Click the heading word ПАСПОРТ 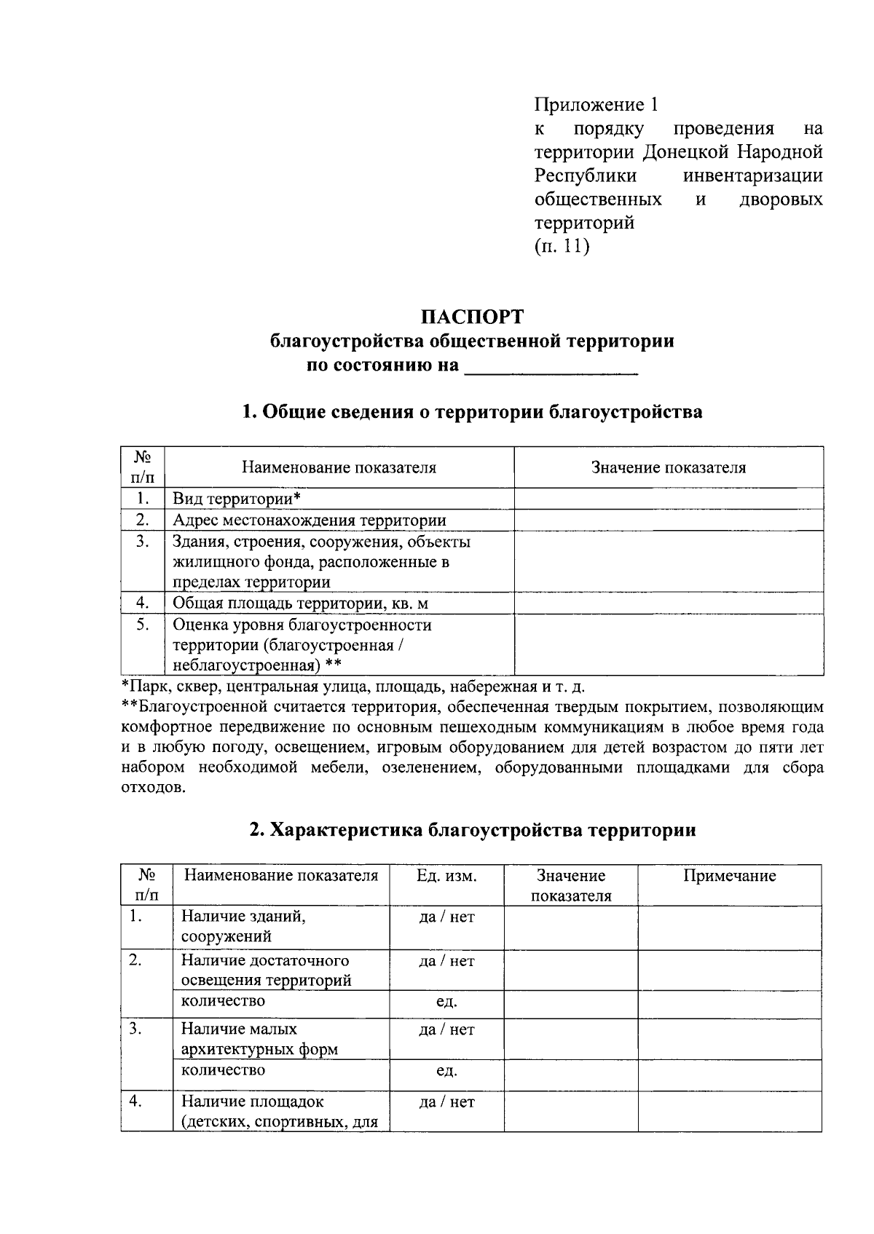click(472, 317)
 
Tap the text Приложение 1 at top click(596, 105)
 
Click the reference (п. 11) click(561, 247)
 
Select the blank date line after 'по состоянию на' click(551, 367)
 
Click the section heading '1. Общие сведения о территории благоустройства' click(472, 412)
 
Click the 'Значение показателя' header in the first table click(668, 467)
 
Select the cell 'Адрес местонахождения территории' click(309, 521)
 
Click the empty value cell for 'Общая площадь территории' click(668, 603)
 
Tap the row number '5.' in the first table click(143, 625)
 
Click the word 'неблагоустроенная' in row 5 click(245, 665)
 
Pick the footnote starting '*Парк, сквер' click(353, 686)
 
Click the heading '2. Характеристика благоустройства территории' click(472, 830)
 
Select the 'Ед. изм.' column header click(446, 876)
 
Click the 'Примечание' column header click(729, 876)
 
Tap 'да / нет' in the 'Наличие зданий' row click(446, 917)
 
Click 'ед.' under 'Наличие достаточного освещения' click(446, 1002)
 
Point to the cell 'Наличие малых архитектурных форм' click(259, 1039)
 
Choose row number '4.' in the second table click(135, 1101)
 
